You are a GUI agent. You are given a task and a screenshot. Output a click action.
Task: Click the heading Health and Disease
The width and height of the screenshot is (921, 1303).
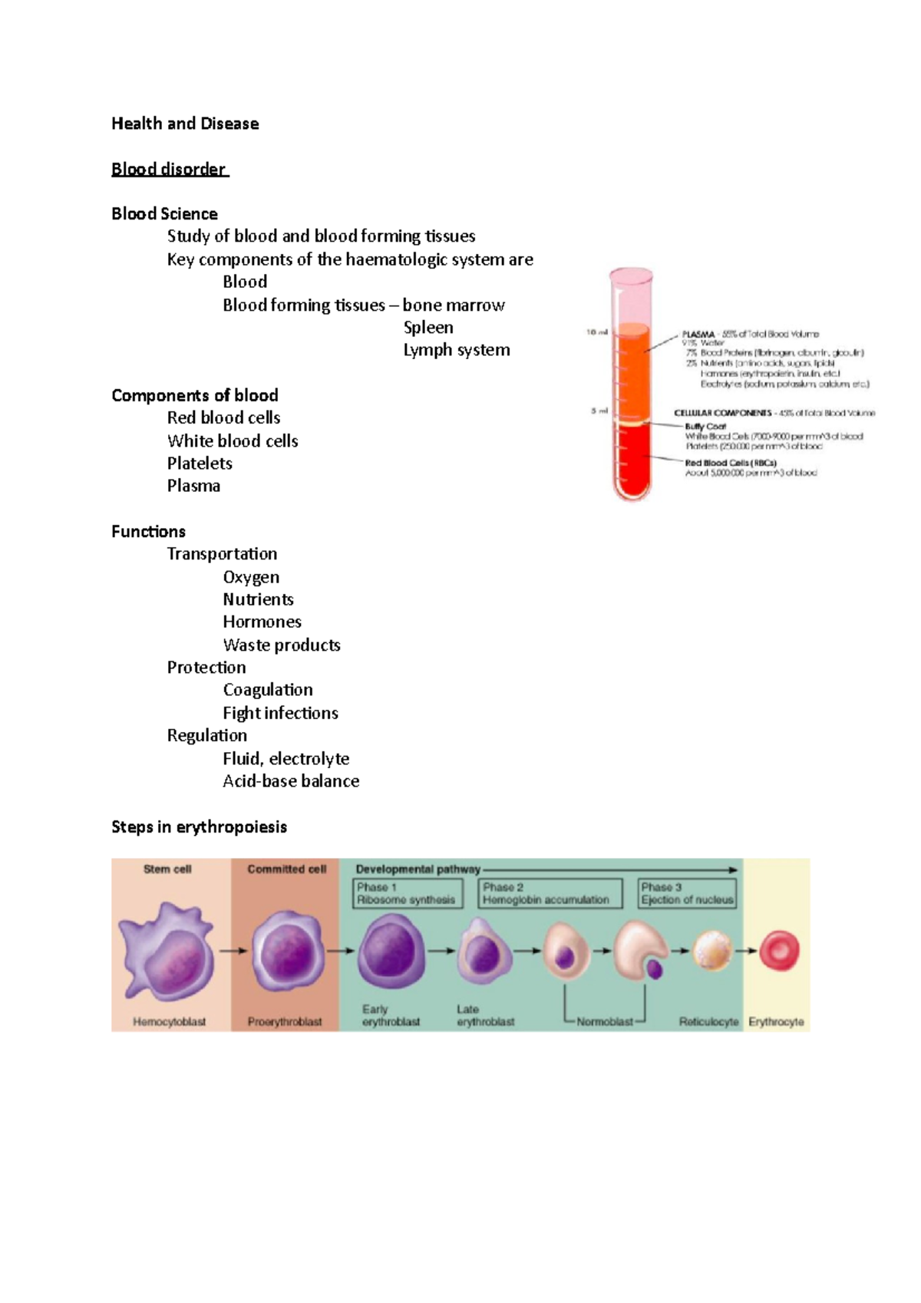click(x=185, y=124)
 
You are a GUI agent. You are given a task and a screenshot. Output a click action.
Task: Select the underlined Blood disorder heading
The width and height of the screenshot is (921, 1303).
click(x=169, y=169)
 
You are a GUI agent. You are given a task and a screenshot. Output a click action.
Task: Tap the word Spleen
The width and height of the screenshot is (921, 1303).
click(x=428, y=328)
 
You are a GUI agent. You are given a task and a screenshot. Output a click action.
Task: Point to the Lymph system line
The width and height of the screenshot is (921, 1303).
click(x=457, y=350)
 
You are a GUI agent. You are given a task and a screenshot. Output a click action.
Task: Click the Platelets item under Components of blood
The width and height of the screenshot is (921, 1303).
click(x=200, y=463)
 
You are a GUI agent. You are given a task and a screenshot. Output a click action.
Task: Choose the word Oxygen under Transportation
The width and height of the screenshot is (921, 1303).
click(x=251, y=577)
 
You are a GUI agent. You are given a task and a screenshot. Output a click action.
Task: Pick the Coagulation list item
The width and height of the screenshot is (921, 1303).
click(x=268, y=690)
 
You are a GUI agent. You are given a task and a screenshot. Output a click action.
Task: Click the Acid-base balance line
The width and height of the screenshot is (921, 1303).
click(x=291, y=781)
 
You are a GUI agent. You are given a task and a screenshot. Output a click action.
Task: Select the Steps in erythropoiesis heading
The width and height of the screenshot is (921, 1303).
click(x=199, y=826)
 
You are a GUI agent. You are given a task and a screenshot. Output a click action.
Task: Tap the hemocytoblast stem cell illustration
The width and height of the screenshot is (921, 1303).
click(x=167, y=952)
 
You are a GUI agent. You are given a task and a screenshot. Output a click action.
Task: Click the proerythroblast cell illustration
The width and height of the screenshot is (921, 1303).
click(x=287, y=952)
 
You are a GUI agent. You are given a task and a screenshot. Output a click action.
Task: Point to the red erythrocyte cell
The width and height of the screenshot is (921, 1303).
click(x=779, y=951)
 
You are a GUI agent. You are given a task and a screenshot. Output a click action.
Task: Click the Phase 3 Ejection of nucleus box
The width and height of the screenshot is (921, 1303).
click(x=687, y=893)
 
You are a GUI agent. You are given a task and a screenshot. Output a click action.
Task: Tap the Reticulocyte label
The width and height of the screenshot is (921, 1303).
click(x=708, y=1022)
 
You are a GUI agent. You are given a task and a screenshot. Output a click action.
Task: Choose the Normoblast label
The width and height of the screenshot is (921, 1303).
click(x=605, y=1022)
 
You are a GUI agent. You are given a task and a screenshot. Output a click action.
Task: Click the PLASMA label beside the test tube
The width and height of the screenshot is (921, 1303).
click(x=698, y=335)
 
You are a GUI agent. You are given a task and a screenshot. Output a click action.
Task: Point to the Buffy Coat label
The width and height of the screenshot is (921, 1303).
click(x=705, y=426)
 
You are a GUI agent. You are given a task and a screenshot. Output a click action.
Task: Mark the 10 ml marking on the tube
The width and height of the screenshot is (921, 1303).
click(x=597, y=332)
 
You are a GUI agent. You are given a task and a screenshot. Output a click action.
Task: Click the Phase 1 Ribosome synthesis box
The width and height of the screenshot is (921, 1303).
click(x=407, y=893)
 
